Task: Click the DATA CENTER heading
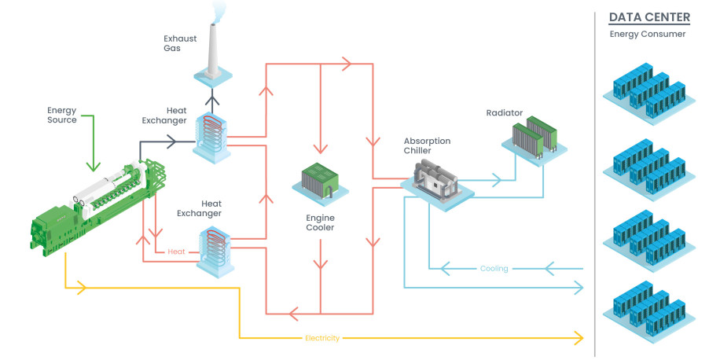coord(648,17)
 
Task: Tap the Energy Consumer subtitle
coord(648,34)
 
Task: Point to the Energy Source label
coord(62,116)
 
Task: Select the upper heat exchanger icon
coord(212,138)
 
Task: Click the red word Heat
coord(177,252)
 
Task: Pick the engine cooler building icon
coord(319,182)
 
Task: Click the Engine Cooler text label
coord(320,222)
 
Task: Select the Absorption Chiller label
coord(427,145)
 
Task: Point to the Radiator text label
coord(504,113)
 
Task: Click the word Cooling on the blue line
coord(494,269)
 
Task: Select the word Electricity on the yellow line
coord(321,339)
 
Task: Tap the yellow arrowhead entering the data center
coord(580,339)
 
